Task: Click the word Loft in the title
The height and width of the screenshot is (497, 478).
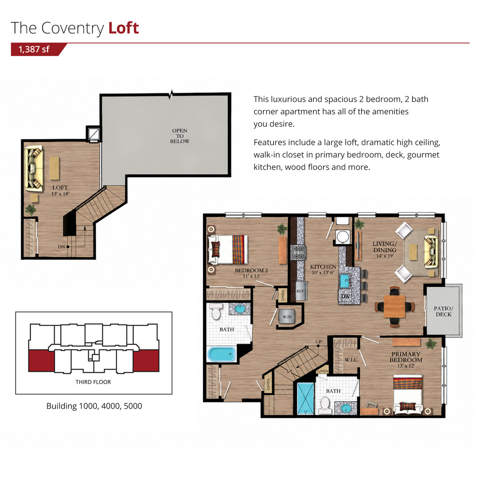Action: coord(123,28)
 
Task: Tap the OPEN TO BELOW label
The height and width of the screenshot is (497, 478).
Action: coord(180,136)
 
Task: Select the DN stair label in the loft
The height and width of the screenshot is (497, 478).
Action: coord(62,247)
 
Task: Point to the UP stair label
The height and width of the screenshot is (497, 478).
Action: coord(319,341)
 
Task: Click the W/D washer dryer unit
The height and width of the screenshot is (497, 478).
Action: coord(287,317)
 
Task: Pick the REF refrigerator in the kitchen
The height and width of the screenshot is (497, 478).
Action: coord(300,291)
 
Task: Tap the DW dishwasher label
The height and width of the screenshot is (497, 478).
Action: coord(346,296)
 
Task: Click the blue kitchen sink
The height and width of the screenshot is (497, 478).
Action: coord(345,281)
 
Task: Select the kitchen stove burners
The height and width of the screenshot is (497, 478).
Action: coord(299,253)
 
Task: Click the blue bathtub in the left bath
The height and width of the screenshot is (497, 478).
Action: coord(222,354)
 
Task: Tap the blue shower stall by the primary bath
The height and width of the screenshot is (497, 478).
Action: coord(305,398)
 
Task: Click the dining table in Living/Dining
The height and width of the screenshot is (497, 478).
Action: coord(394,306)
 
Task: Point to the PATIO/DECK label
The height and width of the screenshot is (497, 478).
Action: coord(443,311)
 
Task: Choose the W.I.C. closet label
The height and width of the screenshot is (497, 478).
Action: coord(351,360)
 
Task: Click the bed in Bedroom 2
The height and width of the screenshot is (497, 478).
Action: coord(227,250)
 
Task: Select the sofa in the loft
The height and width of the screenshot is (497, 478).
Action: coord(34,168)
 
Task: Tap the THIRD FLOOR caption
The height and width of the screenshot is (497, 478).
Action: coord(93,382)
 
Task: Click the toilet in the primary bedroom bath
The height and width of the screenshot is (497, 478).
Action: coord(325,406)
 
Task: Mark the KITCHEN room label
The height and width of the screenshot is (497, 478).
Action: coord(323,267)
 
